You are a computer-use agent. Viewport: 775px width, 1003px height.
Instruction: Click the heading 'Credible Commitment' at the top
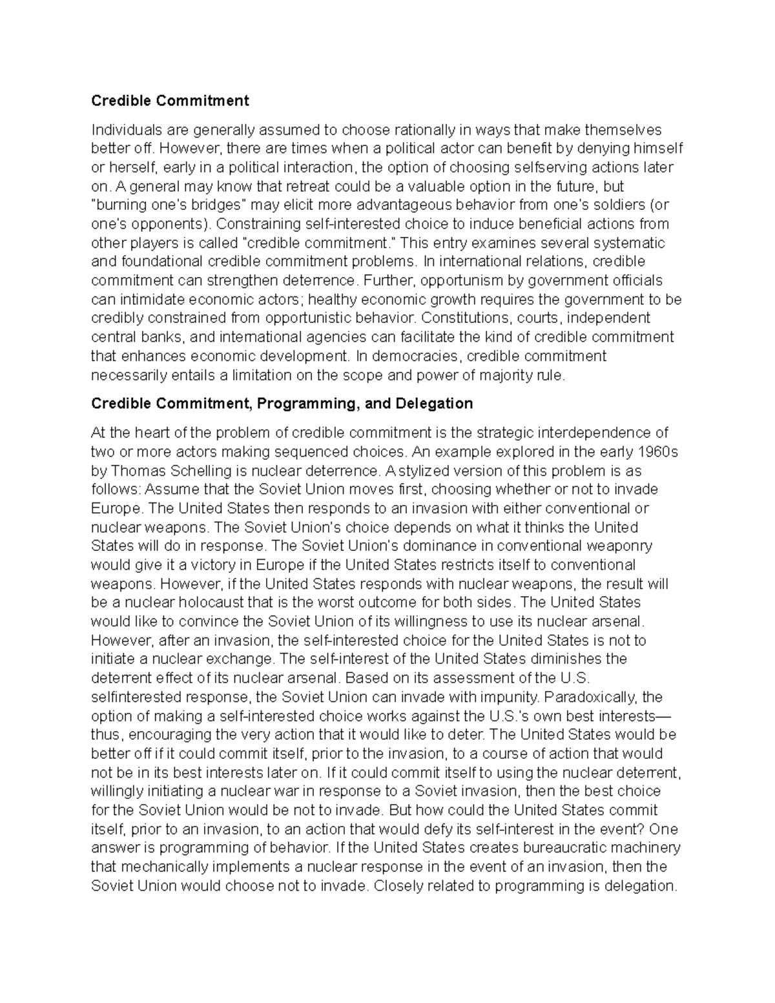[x=170, y=101]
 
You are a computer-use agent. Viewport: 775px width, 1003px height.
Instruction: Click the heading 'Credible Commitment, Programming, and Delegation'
[x=282, y=404]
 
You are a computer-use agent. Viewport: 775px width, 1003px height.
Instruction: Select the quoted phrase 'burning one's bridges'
[x=169, y=205]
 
